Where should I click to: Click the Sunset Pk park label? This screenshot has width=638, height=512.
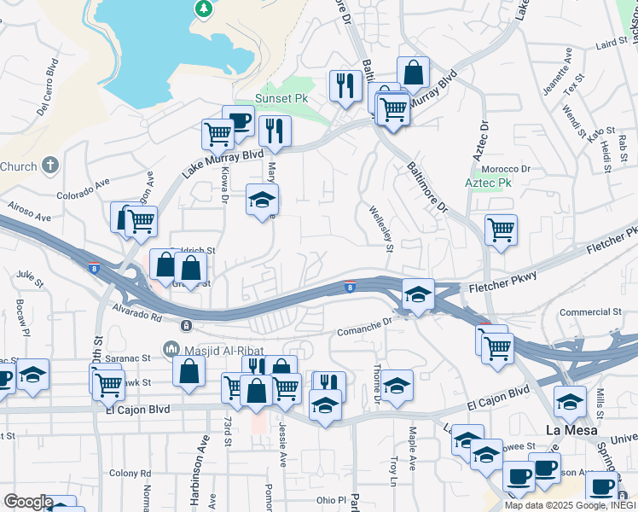(x=282, y=99)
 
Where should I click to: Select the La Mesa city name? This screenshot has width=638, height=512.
(x=570, y=429)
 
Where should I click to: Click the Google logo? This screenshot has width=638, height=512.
(x=28, y=502)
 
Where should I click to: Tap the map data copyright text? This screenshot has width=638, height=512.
(x=568, y=505)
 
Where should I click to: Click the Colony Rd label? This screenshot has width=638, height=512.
(x=130, y=472)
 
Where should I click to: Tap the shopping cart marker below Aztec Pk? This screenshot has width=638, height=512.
(x=500, y=228)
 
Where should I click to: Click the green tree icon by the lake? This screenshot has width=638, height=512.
(x=203, y=9)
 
